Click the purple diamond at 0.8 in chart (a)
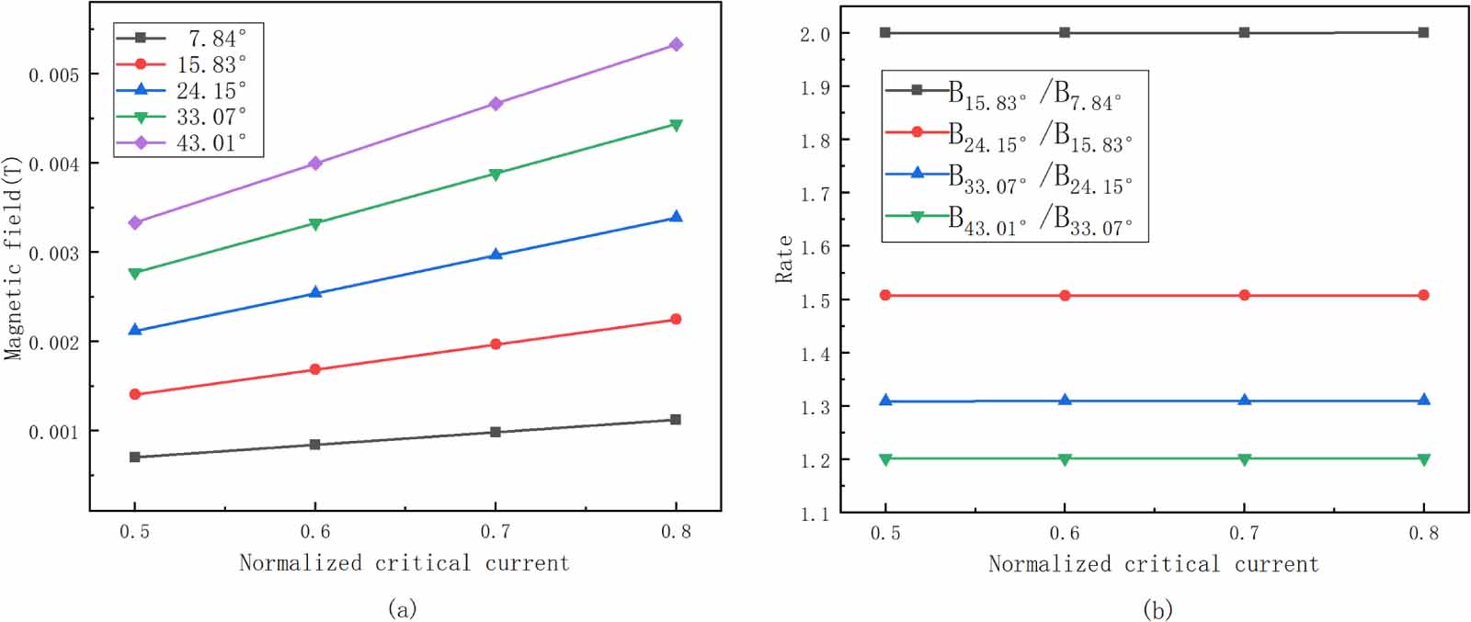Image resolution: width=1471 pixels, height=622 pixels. coord(676,44)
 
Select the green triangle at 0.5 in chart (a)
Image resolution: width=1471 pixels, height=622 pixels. coord(135,273)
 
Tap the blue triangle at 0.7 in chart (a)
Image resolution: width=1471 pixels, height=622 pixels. coord(496,254)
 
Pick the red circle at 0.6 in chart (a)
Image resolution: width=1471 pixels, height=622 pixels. coord(315,369)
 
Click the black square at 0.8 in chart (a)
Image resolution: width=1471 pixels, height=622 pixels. coord(676,420)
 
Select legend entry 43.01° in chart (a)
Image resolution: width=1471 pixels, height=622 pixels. coord(211,143)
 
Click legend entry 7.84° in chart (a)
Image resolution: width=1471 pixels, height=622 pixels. coord(217,38)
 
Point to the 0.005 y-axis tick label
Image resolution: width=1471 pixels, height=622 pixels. coord(53,74)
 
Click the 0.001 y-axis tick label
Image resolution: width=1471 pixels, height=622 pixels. coord(53,432)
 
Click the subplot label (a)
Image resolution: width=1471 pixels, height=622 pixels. coord(403,608)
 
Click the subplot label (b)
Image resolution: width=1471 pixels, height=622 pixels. coord(1157,608)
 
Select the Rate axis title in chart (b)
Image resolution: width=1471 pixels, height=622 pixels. coord(784,259)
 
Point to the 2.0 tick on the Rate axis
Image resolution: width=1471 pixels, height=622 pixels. coord(815,34)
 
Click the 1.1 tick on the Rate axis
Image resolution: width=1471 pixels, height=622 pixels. coord(815,514)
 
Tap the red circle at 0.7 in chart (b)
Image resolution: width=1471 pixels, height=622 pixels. coord(1245,295)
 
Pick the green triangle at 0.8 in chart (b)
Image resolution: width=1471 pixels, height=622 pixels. coord(1423,459)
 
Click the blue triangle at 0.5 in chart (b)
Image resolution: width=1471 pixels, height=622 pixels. coord(885,401)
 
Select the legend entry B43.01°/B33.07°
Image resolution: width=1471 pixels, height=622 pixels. coord(1039,221)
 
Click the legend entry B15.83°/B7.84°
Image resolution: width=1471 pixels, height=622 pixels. coord(1034,95)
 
